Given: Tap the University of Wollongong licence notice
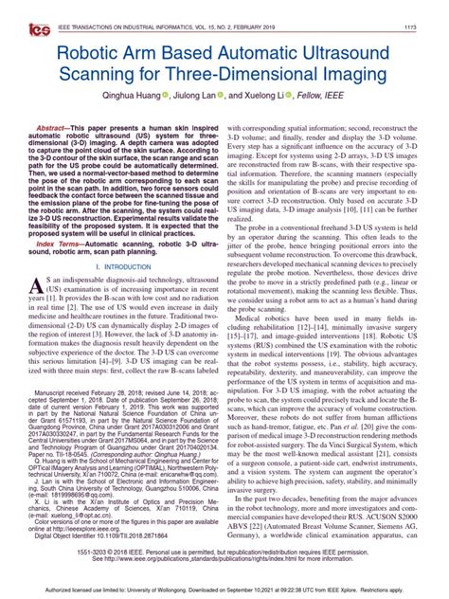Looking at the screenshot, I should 224,590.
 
